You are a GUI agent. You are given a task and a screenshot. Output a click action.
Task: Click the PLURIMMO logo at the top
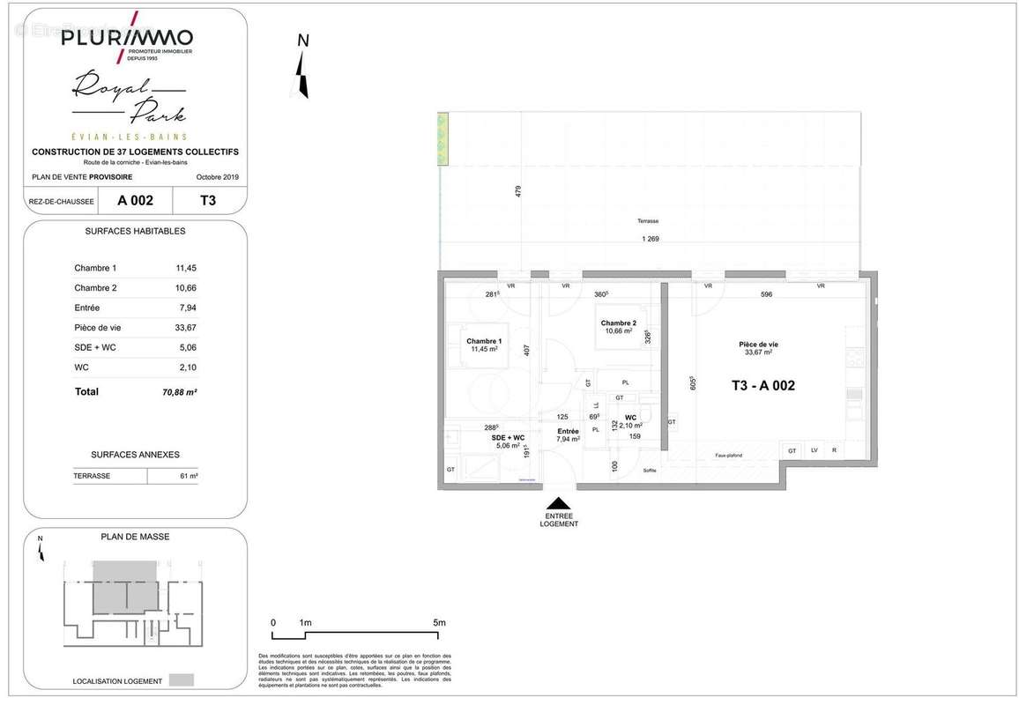[x=127, y=38]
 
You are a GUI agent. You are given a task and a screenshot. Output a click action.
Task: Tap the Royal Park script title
[x=129, y=99]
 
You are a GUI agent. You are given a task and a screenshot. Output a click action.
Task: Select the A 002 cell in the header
[x=135, y=200]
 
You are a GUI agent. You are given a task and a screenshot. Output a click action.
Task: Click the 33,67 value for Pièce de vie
[x=187, y=328]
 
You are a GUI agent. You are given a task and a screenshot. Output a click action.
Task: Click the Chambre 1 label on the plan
[x=484, y=341]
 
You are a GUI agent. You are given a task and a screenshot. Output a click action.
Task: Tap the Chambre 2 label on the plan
[x=619, y=323]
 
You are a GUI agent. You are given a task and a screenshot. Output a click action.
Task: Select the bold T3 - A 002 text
[x=762, y=385]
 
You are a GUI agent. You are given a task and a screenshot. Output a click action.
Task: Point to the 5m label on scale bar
[x=440, y=622]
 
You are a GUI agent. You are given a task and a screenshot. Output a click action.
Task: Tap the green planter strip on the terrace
[x=442, y=139]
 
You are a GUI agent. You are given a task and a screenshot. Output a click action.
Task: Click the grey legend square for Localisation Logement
[x=181, y=680]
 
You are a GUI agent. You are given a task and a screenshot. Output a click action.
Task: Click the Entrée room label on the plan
[x=567, y=431]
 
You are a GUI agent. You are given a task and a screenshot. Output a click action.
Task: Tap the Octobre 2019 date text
[x=217, y=176]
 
